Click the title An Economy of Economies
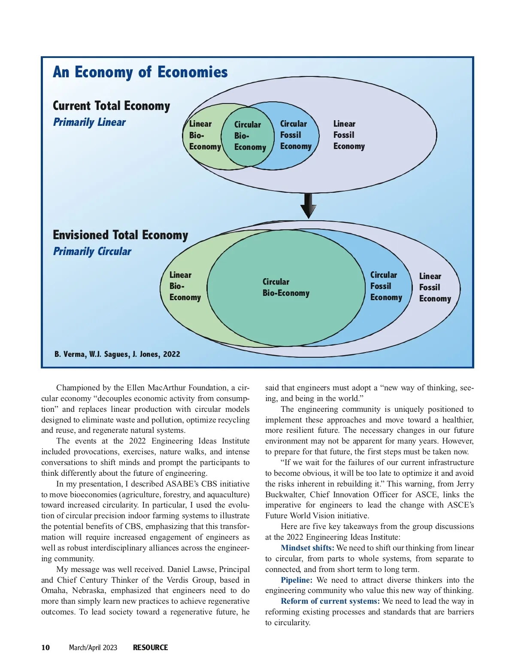[140, 72]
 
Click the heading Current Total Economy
[111, 106]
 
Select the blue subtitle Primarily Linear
[89, 122]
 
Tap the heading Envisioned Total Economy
[120, 235]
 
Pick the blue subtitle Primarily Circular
[92, 252]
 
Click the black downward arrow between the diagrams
[308, 206]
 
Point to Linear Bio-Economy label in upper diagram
[204, 135]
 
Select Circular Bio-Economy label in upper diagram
[250, 136]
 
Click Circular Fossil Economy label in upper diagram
[295, 135]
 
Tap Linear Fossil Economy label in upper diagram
[348, 135]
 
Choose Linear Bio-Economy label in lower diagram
[185, 286]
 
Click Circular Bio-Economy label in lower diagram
[285, 287]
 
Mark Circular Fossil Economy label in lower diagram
[386, 286]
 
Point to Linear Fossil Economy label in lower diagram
[434, 287]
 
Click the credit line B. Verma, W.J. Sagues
[117, 354]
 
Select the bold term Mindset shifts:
[307, 548]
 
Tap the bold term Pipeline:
[297, 580]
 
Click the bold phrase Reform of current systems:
[330, 601]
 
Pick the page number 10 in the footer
[45, 648]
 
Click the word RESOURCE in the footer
[150, 648]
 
